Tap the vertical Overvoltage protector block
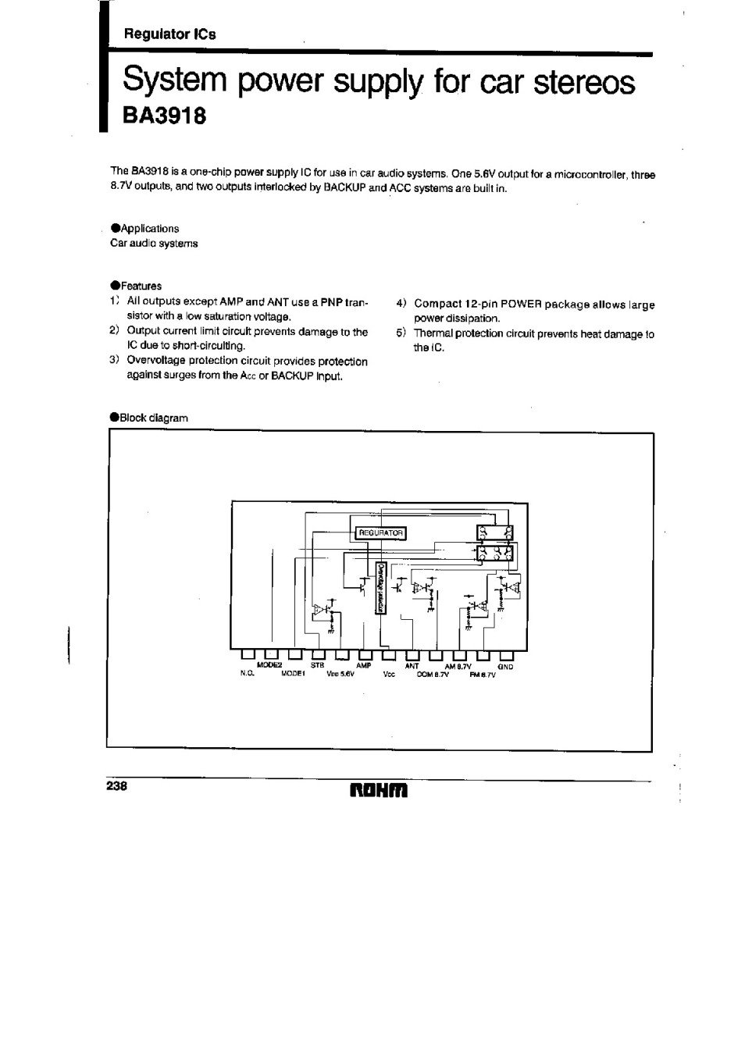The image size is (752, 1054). (381, 588)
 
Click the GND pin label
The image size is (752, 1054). (505, 667)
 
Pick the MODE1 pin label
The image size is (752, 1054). (290, 674)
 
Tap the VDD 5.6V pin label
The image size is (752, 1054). (341, 674)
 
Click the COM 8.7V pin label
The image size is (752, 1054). (434, 674)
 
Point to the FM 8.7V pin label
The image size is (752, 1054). (483, 674)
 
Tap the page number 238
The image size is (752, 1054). (116, 786)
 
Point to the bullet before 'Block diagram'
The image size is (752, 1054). (115, 417)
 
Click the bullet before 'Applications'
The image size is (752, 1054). (115, 228)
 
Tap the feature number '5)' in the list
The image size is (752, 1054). (401, 333)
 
